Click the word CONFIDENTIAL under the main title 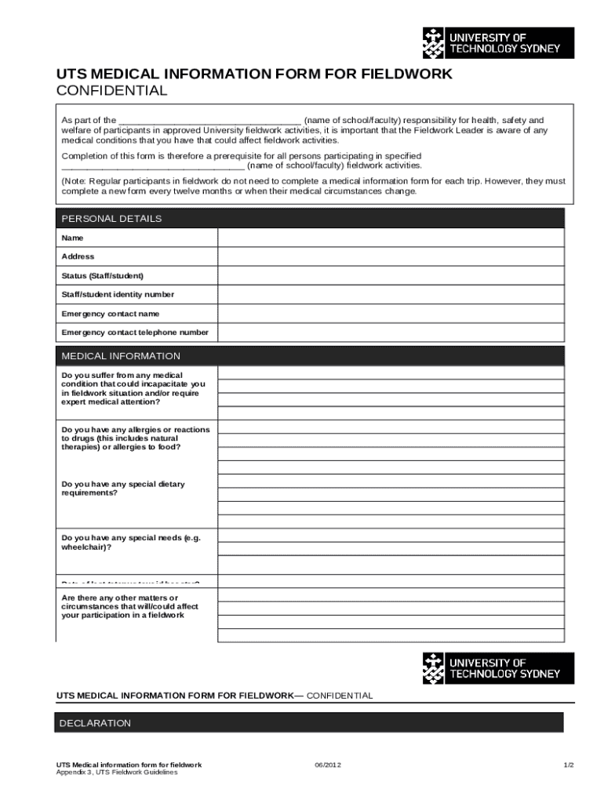point(111,91)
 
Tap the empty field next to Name point(390,238)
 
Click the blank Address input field point(390,256)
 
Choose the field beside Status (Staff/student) point(390,275)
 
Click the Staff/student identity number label point(118,295)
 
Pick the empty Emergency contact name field point(390,314)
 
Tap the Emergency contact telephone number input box point(390,332)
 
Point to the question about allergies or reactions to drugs point(135,438)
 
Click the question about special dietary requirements point(123,489)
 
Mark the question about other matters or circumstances point(129,606)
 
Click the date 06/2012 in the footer point(328,765)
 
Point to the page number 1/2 point(569,765)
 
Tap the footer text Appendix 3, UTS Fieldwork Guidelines point(117,772)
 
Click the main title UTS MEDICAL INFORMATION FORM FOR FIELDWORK point(254,74)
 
